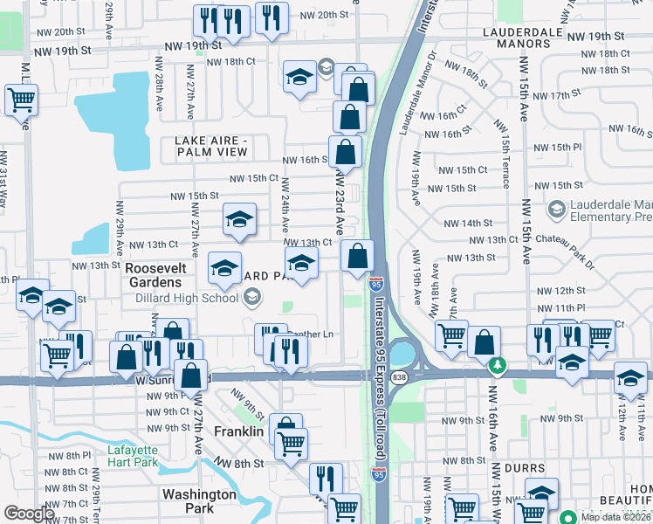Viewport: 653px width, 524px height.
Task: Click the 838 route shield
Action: coord(399,376)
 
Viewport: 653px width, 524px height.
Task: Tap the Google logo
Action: coord(29,514)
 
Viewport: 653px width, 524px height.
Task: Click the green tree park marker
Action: coord(497,364)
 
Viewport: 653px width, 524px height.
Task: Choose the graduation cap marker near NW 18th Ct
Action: coord(299,77)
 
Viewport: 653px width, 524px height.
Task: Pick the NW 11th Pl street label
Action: coord(560,307)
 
